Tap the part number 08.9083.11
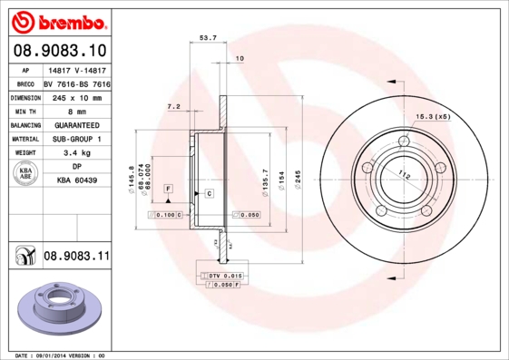click(x=76, y=257)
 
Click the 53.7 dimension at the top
click(x=207, y=37)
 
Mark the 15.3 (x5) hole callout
click(x=433, y=117)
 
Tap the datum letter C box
click(x=209, y=194)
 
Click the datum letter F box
click(x=168, y=187)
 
